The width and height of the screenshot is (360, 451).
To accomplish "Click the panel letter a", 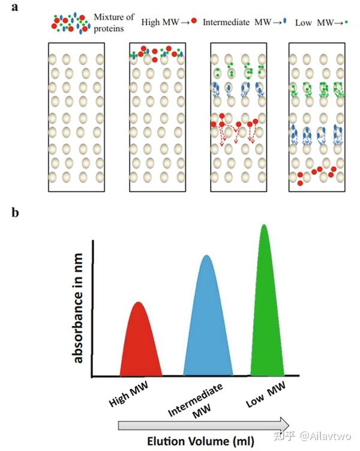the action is tap(14, 7).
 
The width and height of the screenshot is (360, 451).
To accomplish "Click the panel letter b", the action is tap(15, 212).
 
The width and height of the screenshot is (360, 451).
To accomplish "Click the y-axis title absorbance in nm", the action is tap(77, 308).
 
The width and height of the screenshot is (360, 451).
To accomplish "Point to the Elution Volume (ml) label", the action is tap(200, 441).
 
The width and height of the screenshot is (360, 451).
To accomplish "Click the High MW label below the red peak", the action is tap(129, 394).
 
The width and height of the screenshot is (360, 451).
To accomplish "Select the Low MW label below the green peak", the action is tap(266, 394).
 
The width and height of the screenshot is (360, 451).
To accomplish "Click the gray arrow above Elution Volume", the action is tap(204, 424).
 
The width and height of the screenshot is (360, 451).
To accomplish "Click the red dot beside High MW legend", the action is tap(194, 20).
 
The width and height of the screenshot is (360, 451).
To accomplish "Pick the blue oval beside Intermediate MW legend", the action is tap(285, 20).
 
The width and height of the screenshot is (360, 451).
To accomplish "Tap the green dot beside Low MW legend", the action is tap(346, 22).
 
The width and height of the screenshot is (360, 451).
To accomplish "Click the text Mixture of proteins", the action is tap(114, 23).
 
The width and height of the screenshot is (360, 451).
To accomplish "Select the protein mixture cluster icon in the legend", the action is tap(70, 23).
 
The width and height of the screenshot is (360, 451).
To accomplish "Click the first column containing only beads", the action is tap(76, 117).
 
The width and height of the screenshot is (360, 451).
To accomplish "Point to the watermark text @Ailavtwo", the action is tap(325, 436).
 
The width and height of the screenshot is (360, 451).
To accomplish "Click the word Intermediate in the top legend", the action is tap(226, 22).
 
